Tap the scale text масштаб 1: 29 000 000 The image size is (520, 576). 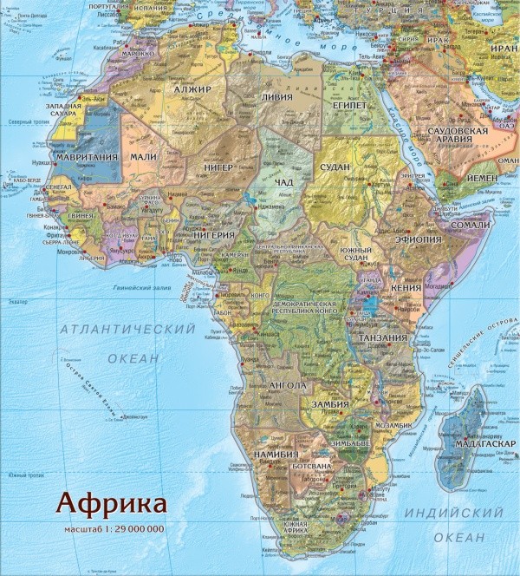click(114, 528)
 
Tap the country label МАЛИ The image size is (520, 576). click(143, 156)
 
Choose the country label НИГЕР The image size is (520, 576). click(219, 167)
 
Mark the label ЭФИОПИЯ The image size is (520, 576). click(419, 239)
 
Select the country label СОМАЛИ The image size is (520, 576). click(471, 225)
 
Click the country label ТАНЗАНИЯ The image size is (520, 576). click(382, 337)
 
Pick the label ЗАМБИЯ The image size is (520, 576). click(330, 403)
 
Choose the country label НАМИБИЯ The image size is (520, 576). click(276, 454)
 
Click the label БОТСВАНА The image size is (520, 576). click(312, 466)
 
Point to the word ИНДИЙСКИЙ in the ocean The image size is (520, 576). click(453, 513)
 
